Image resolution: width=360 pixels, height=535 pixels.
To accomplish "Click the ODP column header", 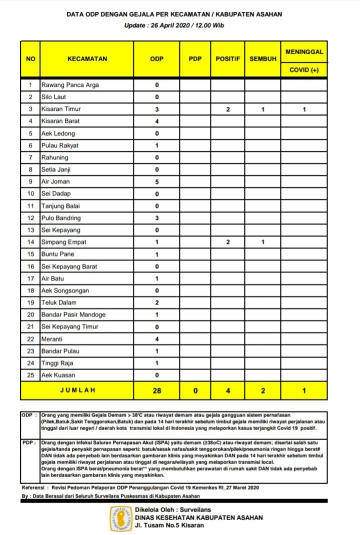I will click(x=156, y=59).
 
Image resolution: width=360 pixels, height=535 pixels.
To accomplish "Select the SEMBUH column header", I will click(x=263, y=59).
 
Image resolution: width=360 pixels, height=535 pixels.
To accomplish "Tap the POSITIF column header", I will click(x=227, y=59).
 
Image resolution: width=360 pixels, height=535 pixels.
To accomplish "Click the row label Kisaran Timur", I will click(x=61, y=109).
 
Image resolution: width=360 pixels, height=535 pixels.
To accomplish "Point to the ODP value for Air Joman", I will click(x=156, y=181).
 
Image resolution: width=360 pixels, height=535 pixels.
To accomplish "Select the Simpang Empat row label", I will click(x=64, y=242).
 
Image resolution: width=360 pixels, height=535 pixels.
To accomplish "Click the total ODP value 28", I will click(x=156, y=390).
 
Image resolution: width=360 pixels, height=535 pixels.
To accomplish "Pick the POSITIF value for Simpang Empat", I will click(x=227, y=242).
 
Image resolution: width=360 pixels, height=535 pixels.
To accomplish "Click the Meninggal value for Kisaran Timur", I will click(x=304, y=109).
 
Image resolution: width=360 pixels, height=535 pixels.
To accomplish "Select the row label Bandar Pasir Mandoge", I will click(x=73, y=314).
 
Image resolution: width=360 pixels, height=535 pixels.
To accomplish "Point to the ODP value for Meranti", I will click(x=156, y=339).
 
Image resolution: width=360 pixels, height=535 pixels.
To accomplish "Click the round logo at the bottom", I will click(x=121, y=518).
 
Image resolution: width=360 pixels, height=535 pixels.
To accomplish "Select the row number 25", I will click(x=30, y=375).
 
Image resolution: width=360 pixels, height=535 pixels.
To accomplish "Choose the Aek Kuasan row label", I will click(x=59, y=375).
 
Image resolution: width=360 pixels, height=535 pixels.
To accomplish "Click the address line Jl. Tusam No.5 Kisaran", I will click(x=169, y=525).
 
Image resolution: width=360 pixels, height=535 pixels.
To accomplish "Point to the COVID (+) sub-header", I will click(x=304, y=70).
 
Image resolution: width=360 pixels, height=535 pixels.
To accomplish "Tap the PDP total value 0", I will click(x=195, y=390).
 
